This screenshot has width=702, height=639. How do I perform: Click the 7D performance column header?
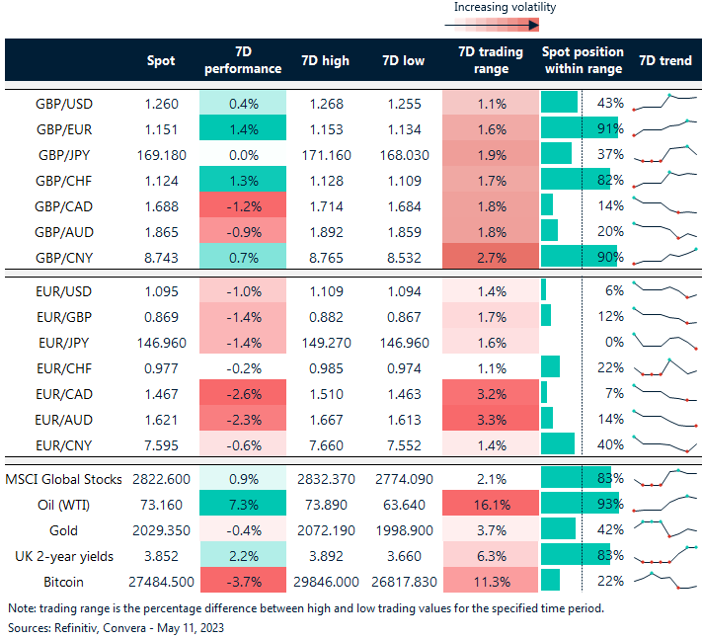pos(242,60)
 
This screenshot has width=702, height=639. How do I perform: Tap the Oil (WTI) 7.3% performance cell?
pos(242,506)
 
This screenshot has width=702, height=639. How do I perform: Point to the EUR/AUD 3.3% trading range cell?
pos(491,419)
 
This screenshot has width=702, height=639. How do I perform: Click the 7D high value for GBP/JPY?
pos(322,154)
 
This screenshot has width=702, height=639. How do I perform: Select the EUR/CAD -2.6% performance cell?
pos(242,393)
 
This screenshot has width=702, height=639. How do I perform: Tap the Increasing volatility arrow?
pos(505,25)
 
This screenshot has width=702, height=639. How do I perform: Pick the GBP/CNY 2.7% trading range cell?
pos(491,259)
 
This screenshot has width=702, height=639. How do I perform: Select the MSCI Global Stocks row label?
pos(65,480)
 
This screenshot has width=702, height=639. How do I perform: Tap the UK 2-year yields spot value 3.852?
pos(159,555)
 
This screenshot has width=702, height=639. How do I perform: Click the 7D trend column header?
pos(665,60)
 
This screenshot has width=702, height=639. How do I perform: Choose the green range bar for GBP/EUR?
pos(578,128)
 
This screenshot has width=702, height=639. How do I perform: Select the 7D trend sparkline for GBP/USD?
pos(666,102)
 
